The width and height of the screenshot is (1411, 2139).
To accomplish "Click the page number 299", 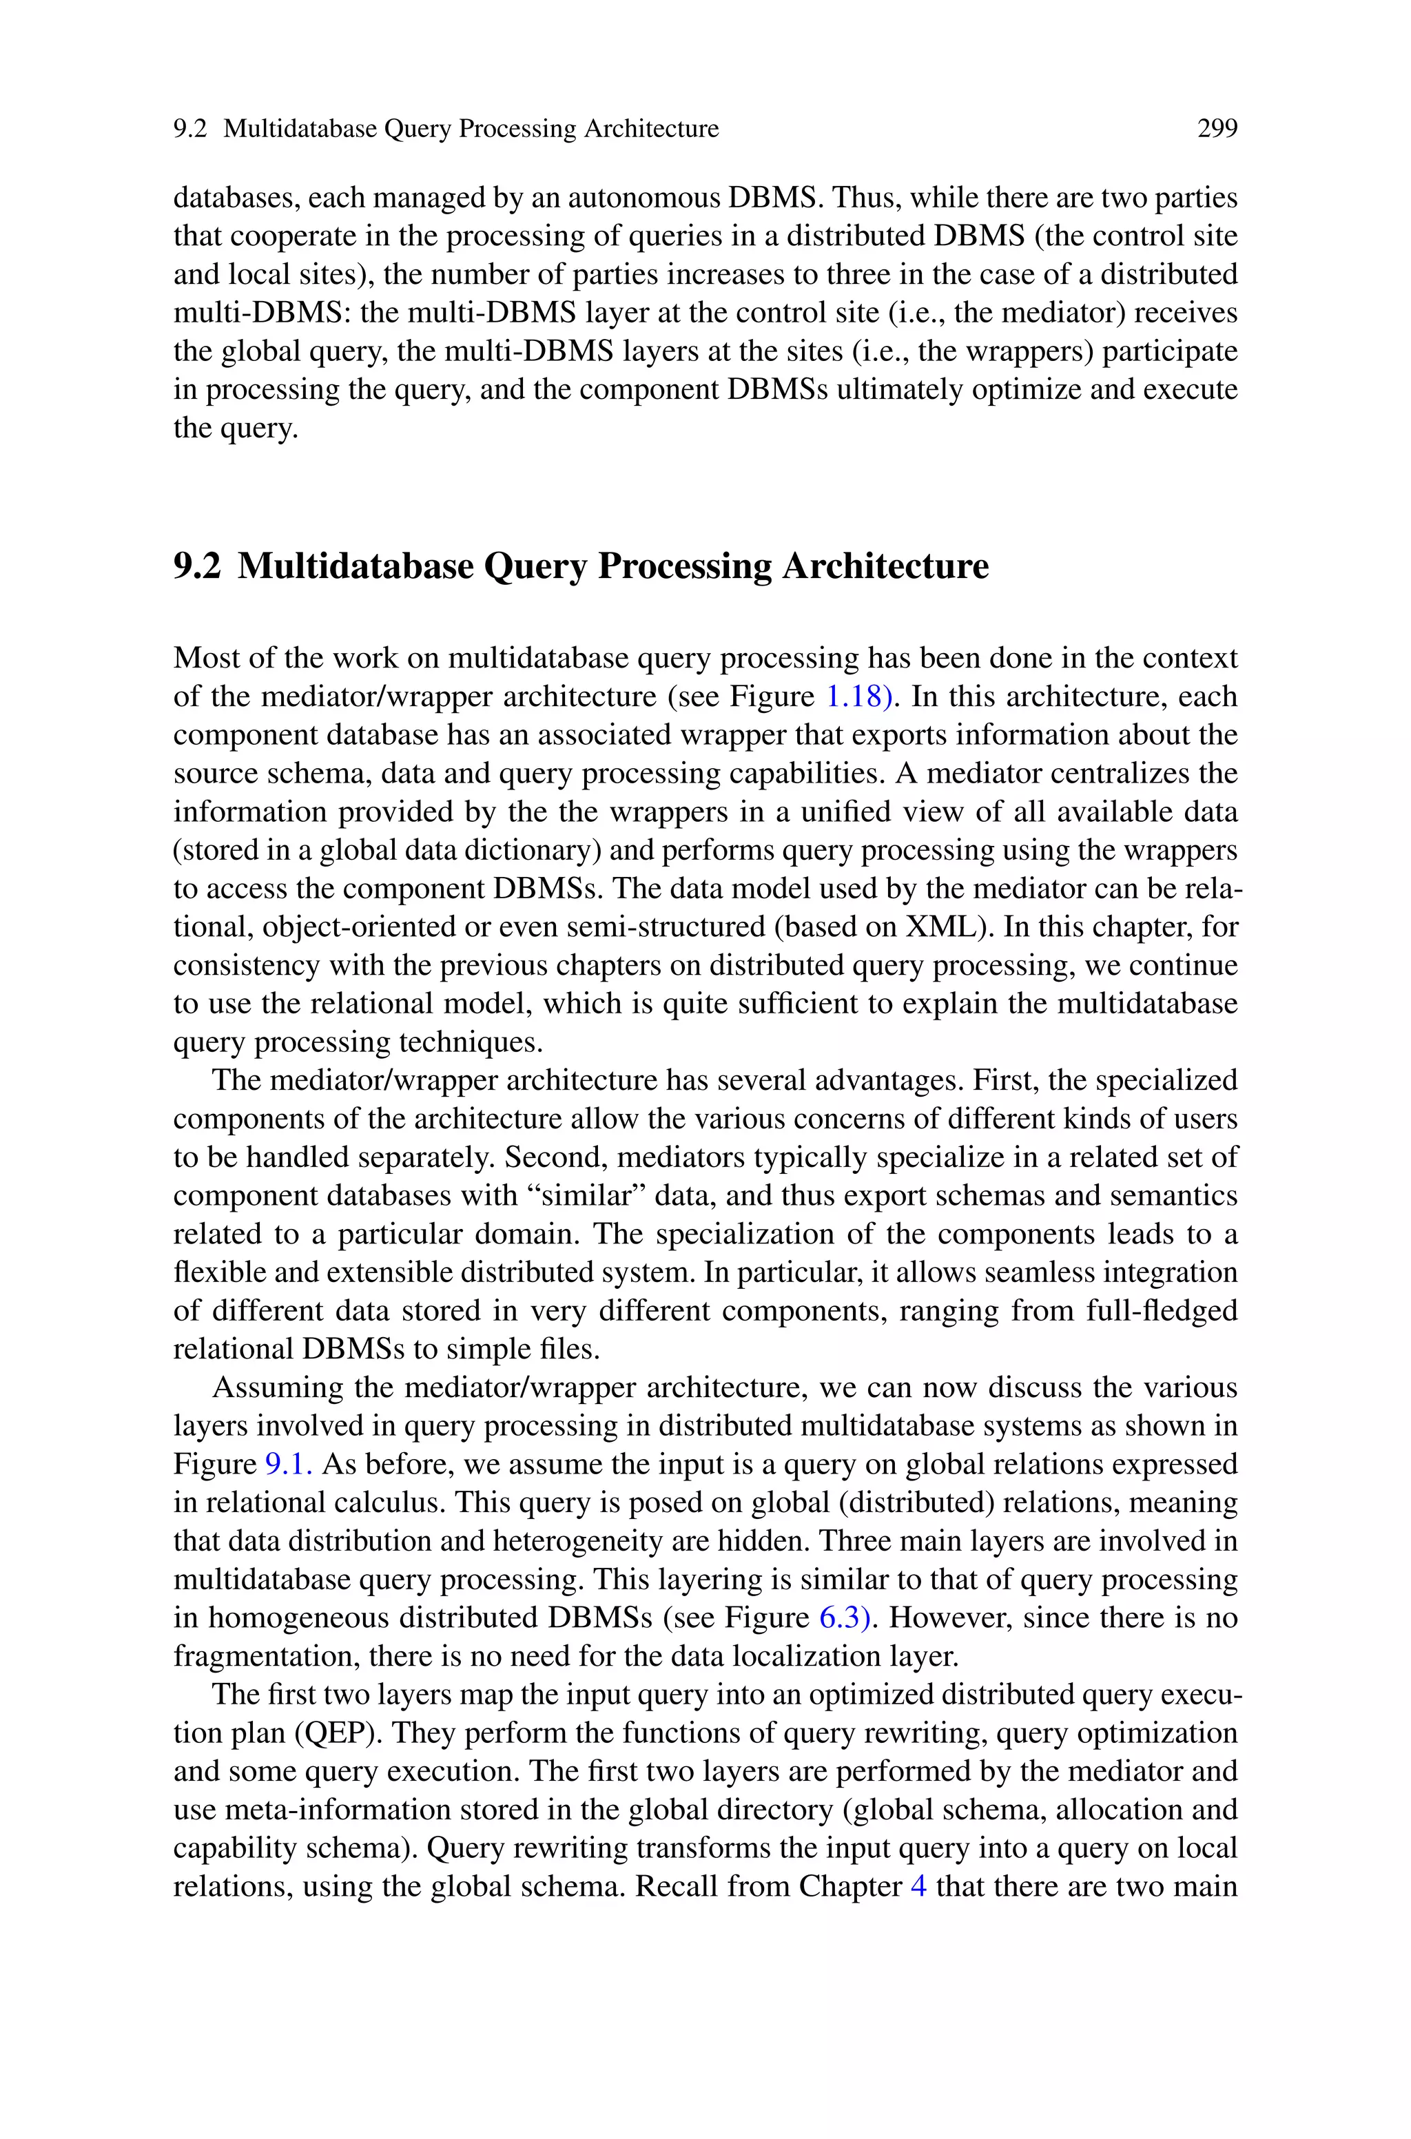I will coord(1217,130).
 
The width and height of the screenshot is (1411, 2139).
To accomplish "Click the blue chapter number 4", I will coord(919,1886).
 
